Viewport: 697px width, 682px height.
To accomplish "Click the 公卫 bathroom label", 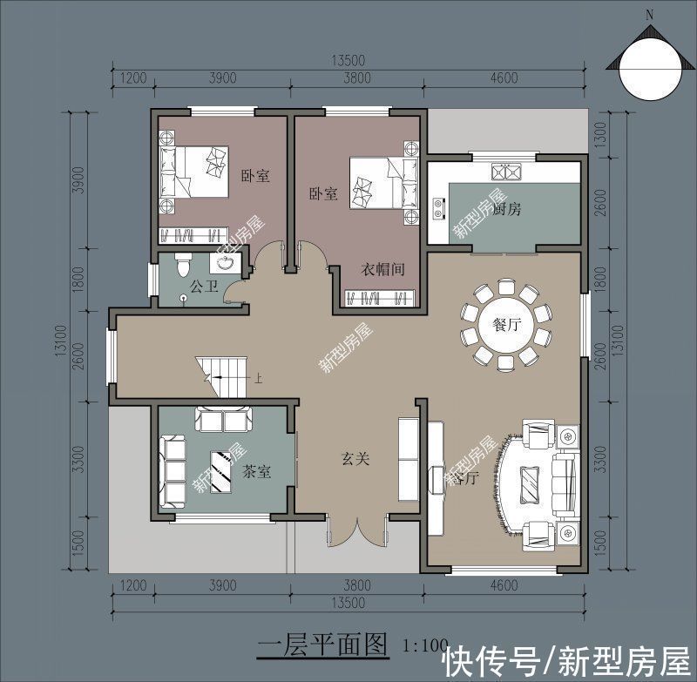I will tap(203, 285).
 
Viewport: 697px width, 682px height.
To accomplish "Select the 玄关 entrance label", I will tap(355, 458).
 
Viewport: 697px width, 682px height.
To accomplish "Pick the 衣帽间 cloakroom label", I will tap(383, 270).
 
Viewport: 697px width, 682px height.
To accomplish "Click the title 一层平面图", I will tap(323, 645).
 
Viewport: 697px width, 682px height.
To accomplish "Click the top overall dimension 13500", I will tap(347, 60).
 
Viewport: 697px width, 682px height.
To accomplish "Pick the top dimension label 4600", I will tap(504, 78).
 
